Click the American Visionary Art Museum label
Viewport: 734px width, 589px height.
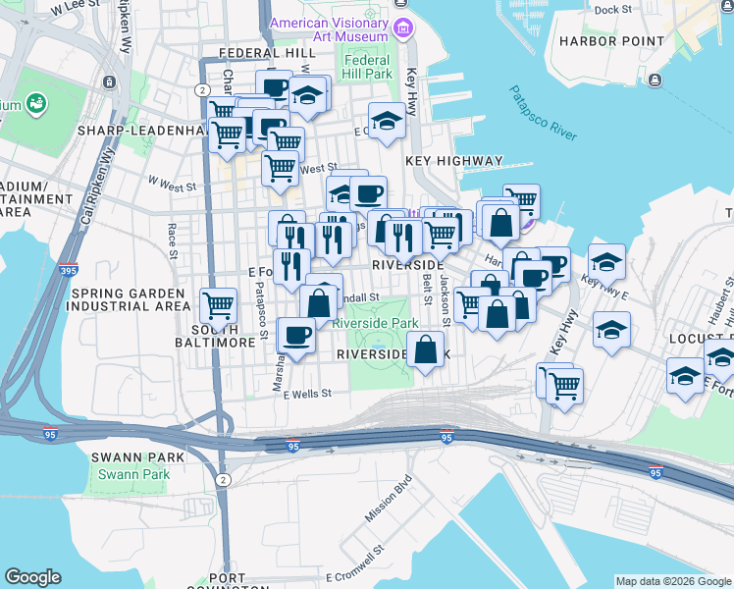point(329,29)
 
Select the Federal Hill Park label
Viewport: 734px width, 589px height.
point(367,67)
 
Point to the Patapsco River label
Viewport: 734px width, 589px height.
point(542,114)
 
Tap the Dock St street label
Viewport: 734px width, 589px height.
point(612,10)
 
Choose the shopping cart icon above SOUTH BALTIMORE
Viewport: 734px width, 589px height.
point(218,305)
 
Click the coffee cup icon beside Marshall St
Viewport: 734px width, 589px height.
point(296,335)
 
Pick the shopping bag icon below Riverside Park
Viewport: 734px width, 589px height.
point(425,351)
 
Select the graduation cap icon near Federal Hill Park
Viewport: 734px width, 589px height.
point(388,120)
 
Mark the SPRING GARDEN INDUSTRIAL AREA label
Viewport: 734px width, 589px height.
point(125,299)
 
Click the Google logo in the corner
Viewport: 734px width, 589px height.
point(32,577)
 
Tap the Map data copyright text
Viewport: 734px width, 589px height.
point(673,581)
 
